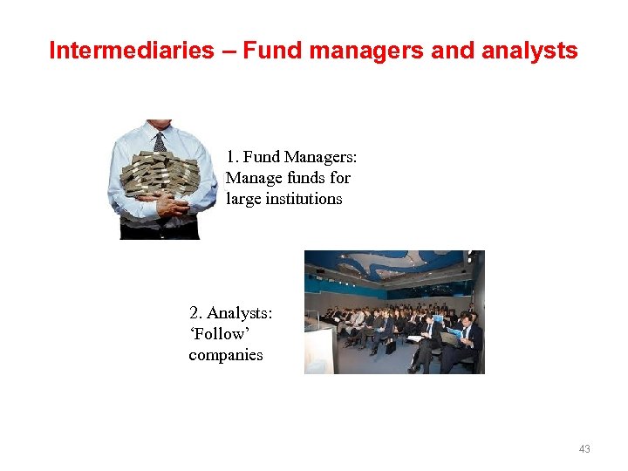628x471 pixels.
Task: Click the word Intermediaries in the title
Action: (131, 51)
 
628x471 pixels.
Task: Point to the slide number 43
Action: (584, 449)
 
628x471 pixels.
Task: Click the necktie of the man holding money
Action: (160, 140)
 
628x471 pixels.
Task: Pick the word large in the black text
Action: (241, 199)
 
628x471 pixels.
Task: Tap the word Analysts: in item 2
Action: (240, 312)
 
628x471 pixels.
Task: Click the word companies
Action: (225, 355)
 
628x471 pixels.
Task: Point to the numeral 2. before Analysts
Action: (195, 312)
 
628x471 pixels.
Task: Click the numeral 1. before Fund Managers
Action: (231, 157)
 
